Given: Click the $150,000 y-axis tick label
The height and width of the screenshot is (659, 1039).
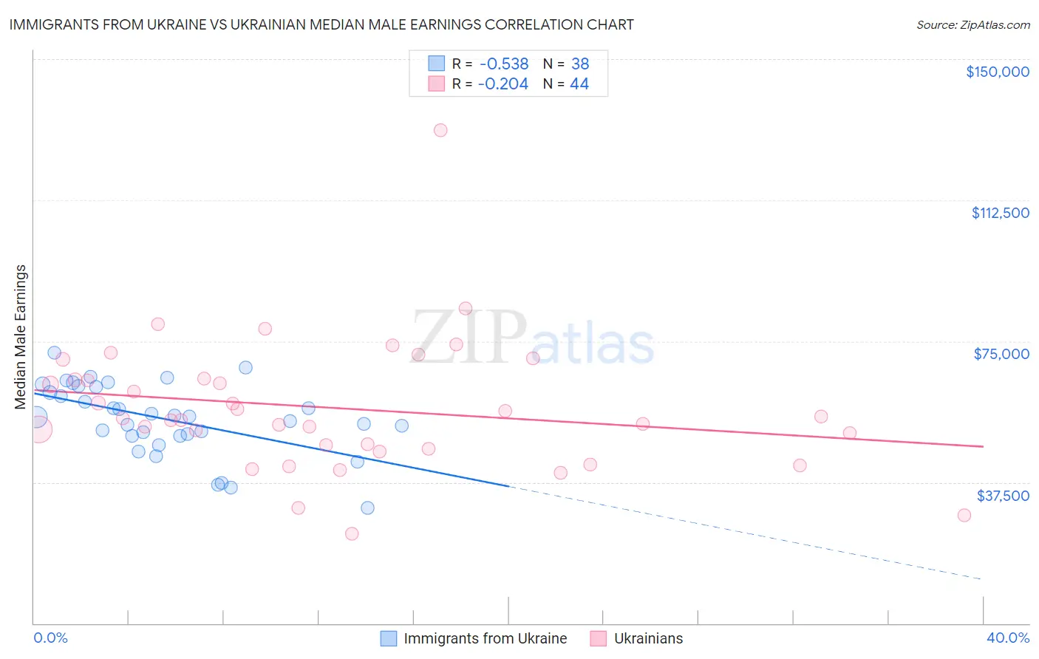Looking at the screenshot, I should point(997,72).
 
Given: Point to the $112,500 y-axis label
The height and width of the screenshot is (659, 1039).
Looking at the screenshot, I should point(1000,213).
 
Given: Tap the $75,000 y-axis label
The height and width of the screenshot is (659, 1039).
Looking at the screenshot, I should point(1001,354).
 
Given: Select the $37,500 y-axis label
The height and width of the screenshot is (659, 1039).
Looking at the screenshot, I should point(1003,496).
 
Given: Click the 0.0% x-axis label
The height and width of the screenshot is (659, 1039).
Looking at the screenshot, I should point(50,638).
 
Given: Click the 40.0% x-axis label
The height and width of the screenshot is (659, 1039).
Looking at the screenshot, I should point(1007,638).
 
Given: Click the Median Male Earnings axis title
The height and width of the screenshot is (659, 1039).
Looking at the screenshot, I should point(21,336).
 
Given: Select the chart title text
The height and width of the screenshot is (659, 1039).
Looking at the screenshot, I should point(321,24).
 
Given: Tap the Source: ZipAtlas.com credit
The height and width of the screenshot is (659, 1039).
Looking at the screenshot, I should point(972,25).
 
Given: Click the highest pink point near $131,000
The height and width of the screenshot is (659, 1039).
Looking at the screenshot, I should point(440,130).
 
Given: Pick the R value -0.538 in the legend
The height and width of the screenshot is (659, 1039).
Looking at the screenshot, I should point(503,64).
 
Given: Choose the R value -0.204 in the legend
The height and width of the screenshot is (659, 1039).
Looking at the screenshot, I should point(503,84).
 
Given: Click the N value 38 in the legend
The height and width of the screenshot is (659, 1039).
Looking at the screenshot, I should point(580,64).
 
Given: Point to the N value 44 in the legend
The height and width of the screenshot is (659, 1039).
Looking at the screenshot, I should point(579,84).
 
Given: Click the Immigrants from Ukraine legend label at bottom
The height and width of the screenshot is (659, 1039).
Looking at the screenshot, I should point(485,638).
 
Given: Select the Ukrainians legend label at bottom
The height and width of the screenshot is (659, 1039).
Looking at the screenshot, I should point(648,638).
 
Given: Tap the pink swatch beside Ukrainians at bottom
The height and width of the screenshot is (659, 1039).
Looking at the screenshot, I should point(598,638).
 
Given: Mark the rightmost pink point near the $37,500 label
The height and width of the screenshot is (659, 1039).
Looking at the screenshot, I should point(964,515).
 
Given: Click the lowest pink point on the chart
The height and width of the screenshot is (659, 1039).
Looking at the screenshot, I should point(352,533).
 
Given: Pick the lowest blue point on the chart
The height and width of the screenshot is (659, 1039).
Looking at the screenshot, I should point(367,508).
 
